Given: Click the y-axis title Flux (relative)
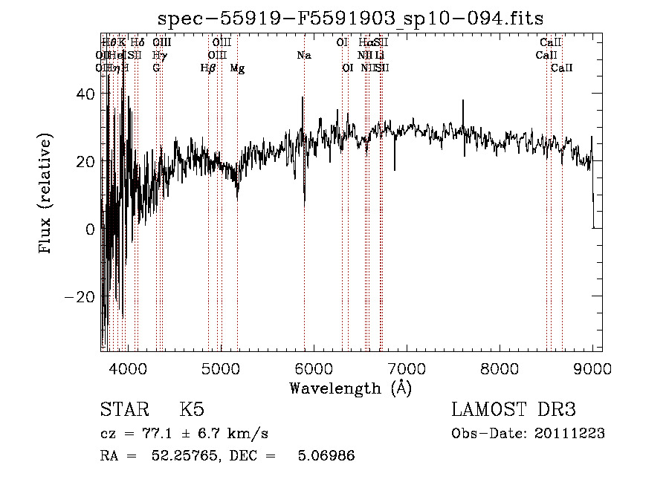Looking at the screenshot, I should [46, 193].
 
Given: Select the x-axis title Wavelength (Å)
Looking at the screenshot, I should [350, 388].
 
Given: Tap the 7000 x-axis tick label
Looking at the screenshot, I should [406, 368].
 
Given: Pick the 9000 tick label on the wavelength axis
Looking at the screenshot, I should [592, 368].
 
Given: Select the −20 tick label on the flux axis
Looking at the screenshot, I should [81, 297].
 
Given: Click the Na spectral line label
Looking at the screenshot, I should [303, 56].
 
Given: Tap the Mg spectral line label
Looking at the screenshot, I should [237, 68].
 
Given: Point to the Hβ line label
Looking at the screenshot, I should [208, 68].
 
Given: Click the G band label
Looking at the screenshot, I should [156, 68].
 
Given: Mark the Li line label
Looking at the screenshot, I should [380, 56].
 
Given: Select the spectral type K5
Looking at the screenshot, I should [192, 410].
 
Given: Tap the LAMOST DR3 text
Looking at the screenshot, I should [514, 410].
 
